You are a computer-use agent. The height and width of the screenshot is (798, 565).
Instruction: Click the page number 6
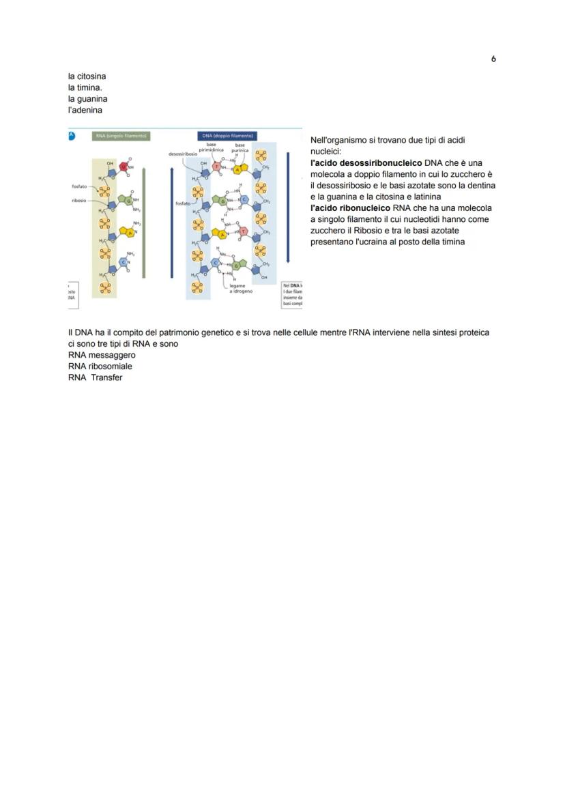point(493,59)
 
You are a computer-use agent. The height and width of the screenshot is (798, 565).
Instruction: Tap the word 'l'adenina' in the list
point(85,111)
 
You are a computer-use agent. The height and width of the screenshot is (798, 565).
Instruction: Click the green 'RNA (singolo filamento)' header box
point(121,136)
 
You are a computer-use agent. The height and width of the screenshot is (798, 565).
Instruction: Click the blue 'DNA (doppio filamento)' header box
point(227,136)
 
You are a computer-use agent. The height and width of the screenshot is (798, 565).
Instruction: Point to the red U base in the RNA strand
point(124,166)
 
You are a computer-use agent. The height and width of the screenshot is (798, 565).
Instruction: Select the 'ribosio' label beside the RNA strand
point(78,201)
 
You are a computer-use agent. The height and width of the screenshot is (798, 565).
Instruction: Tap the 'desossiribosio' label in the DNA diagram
point(182,154)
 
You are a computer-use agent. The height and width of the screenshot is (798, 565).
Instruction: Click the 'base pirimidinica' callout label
point(212,147)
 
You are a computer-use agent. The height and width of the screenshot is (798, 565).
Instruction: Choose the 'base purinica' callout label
point(240,147)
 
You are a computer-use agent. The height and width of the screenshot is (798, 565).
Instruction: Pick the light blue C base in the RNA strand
point(124,261)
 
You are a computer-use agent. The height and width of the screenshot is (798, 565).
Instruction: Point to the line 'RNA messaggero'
point(102,355)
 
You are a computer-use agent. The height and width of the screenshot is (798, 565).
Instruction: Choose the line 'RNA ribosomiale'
point(100,367)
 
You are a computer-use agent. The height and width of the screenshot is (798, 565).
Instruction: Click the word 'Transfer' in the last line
point(106,377)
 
